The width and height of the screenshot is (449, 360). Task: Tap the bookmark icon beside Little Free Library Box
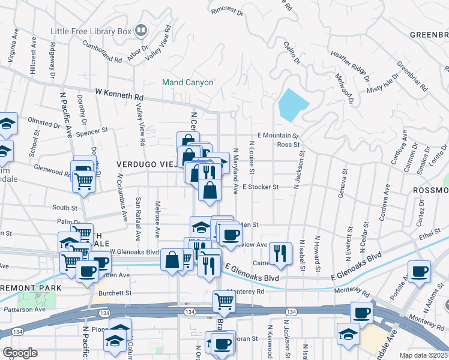[141, 29]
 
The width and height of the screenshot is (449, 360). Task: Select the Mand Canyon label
[188, 82]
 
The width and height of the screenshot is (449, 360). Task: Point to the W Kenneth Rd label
[120, 95]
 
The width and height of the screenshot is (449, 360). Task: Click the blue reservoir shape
[292, 105]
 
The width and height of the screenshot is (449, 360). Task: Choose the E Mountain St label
[278, 136]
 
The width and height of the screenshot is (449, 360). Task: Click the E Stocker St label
[261, 187]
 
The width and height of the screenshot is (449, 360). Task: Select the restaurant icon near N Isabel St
[280, 253]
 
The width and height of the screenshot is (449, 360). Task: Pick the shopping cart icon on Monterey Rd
[224, 301]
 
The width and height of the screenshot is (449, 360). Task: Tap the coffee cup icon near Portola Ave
[419, 271]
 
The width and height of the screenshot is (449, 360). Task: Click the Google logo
[20, 353]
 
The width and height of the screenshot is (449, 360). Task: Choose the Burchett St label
[116, 293]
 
